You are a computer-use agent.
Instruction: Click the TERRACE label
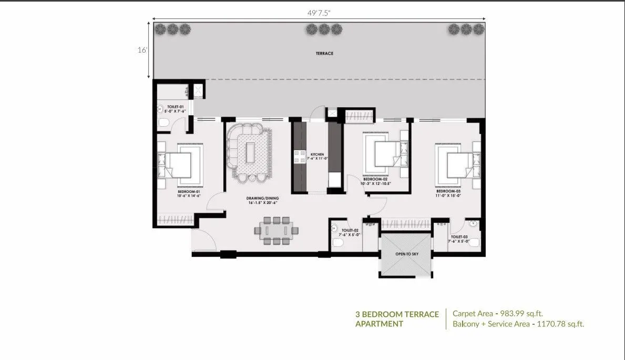tap(324, 54)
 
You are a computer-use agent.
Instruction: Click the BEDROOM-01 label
tap(188, 192)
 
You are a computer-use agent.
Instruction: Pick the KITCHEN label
tap(317, 155)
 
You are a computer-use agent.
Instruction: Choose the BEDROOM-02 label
tap(375, 180)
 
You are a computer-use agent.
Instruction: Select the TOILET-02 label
tap(350, 230)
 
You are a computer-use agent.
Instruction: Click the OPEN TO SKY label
tap(406, 254)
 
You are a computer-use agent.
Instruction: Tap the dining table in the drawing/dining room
tap(276, 230)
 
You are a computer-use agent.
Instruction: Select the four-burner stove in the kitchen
tap(299, 156)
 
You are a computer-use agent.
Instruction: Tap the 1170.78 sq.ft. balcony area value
tap(558, 324)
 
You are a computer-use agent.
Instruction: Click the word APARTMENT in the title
tap(379, 324)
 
